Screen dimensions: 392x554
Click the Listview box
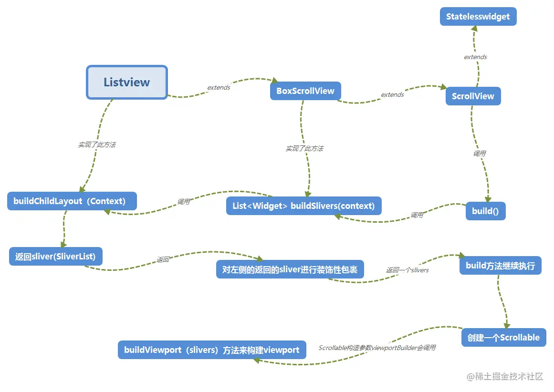point(127,82)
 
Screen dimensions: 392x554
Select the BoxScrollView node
point(305,91)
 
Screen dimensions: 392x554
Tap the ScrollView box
point(473,96)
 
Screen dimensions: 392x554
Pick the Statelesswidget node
point(478,17)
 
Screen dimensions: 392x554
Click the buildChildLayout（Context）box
point(72,201)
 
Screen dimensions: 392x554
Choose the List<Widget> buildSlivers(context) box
point(303,206)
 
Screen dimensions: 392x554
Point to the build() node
point(485,211)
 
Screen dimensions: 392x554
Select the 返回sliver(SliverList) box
point(55,257)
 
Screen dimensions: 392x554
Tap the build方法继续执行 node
point(500,265)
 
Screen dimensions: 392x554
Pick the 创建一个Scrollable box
point(503,338)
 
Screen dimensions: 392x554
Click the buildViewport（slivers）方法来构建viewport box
point(211,350)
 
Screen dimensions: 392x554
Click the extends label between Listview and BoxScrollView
point(219,88)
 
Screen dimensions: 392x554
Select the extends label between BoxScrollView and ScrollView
point(392,95)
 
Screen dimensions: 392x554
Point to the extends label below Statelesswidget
point(475,57)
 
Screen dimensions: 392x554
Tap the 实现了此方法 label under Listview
point(97,144)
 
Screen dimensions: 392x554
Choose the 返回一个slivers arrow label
point(407,270)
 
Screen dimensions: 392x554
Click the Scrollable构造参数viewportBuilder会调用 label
point(377,348)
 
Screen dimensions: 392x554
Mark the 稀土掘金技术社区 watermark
point(505,376)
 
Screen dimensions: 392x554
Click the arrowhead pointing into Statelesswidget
point(474,28)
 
